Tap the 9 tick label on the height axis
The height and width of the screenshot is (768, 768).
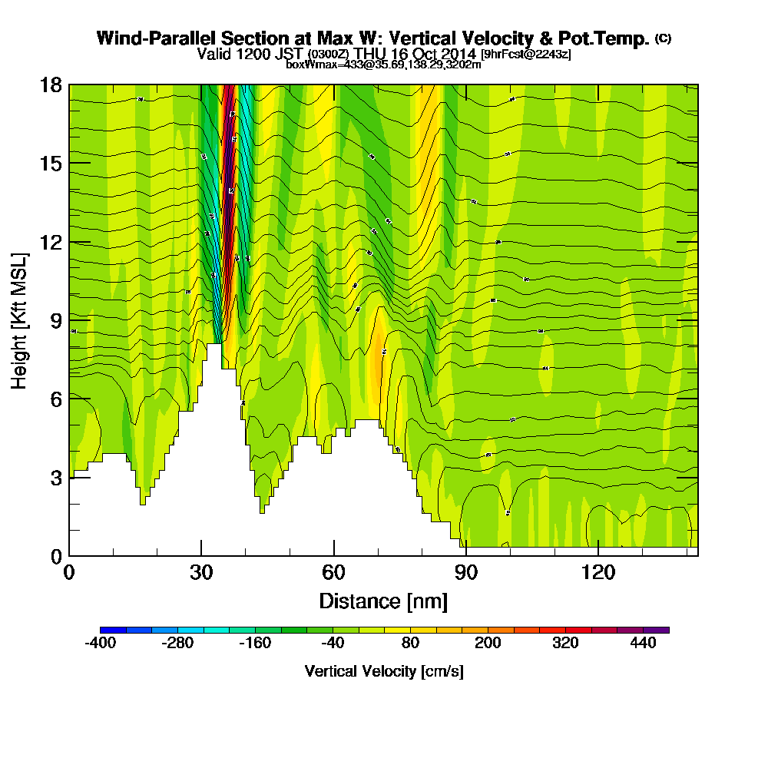pyautogui.click(x=55, y=320)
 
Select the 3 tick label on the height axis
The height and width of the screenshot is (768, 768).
pyautogui.click(x=55, y=478)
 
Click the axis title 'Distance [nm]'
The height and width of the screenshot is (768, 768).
pyautogui.click(x=383, y=600)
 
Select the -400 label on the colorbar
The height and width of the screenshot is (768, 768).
pyautogui.click(x=100, y=644)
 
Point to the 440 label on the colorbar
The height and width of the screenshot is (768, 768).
pyautogui.click(x=643, y=644)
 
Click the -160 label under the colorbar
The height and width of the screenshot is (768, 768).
pyautogui.click(x=255, y=644)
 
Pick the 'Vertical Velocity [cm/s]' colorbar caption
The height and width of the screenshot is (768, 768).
pyautogui.click(x=384, y=671)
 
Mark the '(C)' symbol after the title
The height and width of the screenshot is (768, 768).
pyautogui.click(x=663, y=38)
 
